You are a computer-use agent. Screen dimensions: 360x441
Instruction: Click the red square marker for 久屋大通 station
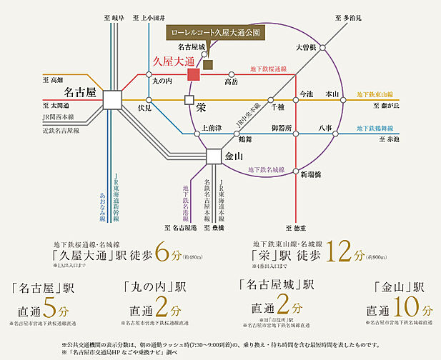(x=194, y=75)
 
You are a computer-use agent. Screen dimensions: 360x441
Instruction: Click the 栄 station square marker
(x=189, y=100)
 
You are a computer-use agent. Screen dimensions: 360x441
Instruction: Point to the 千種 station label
(x=277, y=106)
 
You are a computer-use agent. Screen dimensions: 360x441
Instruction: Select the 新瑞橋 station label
(x=310, y=174)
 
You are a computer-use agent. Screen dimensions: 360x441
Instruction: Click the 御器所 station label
(x=281, y=128)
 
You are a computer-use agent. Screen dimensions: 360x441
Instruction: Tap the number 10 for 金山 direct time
(x=408, y=309)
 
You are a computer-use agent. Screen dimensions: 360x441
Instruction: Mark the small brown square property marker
(x=208, y=64)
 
